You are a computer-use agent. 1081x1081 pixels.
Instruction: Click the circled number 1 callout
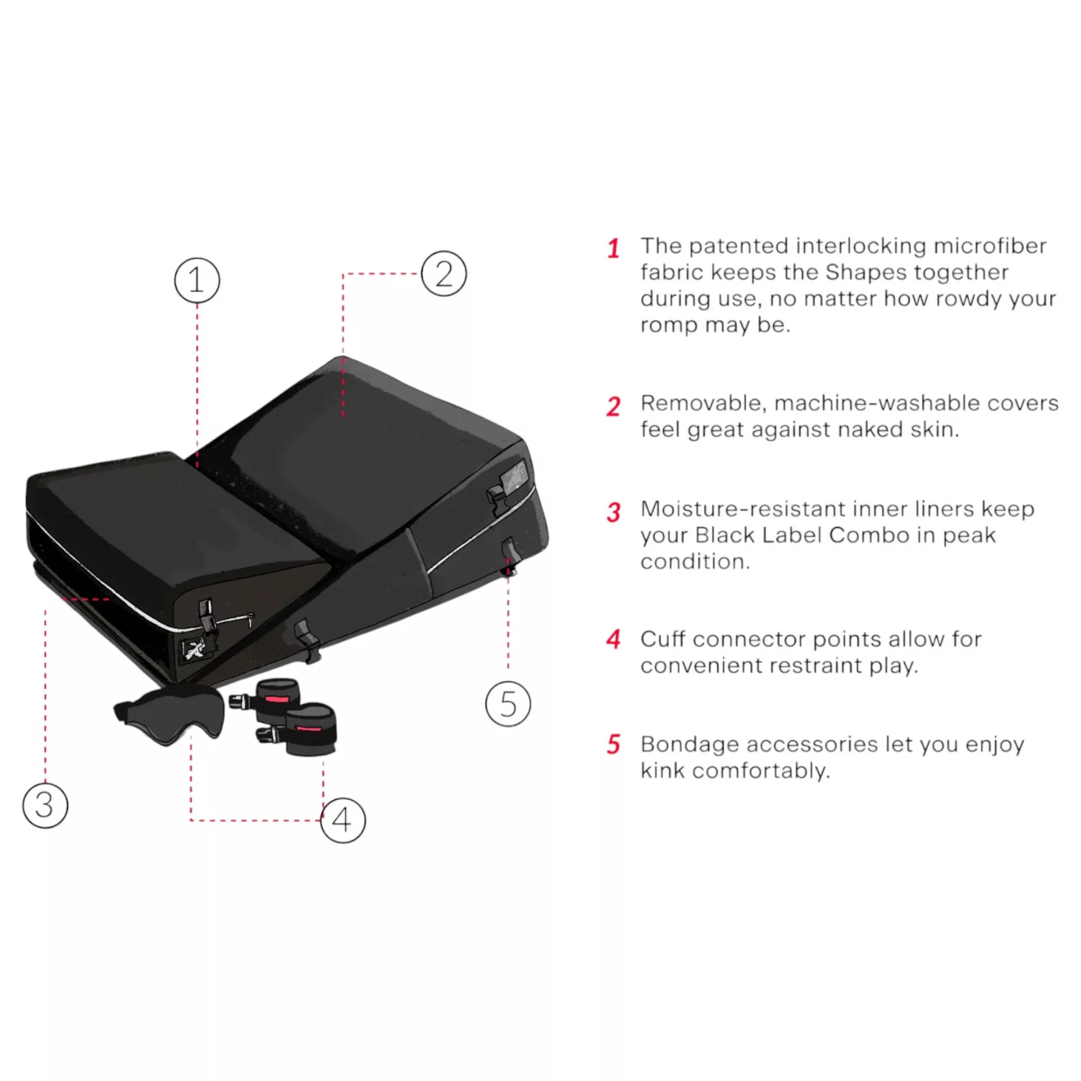(197, 280)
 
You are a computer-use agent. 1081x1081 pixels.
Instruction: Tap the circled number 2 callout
(444, 274)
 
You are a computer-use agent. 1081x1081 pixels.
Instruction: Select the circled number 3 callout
(45, 805)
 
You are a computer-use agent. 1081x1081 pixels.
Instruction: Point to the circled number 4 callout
(343, 820)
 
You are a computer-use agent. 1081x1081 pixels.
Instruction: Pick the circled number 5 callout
(508, 703)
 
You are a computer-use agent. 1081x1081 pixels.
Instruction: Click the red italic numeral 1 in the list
(613, 249)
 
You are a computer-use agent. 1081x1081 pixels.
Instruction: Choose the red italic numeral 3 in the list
(613, 512)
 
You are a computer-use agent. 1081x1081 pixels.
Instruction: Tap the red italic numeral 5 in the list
(613, 744)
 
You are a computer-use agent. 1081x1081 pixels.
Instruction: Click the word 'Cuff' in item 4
(663, 639)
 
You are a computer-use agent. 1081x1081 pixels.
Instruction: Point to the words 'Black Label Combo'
(802, 535)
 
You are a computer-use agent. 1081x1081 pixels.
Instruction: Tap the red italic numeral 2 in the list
(613, 406)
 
